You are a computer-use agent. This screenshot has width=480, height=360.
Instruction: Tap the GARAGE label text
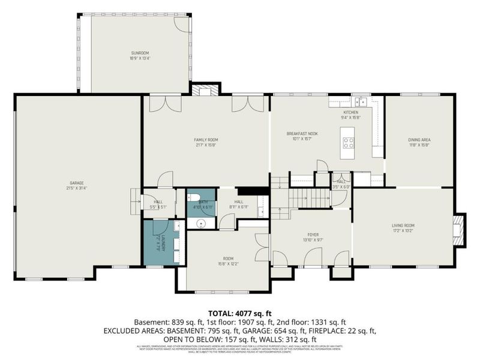[76, 182]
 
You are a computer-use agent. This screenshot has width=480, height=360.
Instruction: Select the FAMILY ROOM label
[205, 139]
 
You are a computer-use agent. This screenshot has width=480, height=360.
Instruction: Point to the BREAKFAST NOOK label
[302, 133]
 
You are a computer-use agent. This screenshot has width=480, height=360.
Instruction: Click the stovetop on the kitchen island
[348, 142]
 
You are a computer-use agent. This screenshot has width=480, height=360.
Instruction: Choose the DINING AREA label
[419, 139]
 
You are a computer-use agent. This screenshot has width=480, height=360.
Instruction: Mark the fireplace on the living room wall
[458, 230]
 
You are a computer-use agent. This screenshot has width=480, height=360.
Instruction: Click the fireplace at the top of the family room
[205, 91]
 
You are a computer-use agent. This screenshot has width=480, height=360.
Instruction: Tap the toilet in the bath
[193, 197]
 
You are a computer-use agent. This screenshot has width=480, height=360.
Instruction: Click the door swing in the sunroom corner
[181, 22]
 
